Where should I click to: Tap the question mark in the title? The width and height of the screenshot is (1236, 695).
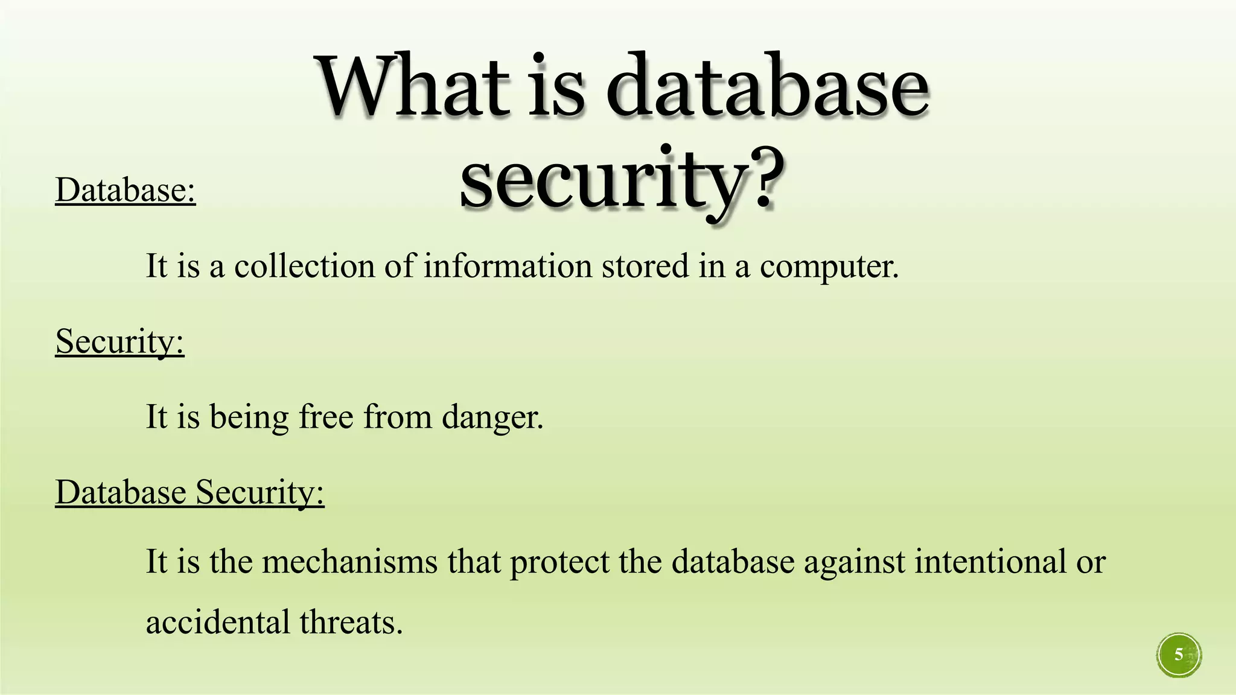(x=764, y=179)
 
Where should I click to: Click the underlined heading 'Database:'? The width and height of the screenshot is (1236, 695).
(x=126, y=190)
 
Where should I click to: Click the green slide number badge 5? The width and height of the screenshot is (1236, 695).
(x=1179, y=655)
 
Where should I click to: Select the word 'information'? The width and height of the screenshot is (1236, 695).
(x=508, y=266)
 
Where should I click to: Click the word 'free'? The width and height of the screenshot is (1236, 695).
(x=326, y=416)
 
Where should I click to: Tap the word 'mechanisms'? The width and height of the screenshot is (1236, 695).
(x=350, y=562)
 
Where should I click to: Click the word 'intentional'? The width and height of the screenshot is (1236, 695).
(x=990, y=562)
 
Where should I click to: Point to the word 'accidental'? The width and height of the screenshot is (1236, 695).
(x=218, y=622)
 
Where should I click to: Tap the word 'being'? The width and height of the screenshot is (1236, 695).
(x=249, y=417)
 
